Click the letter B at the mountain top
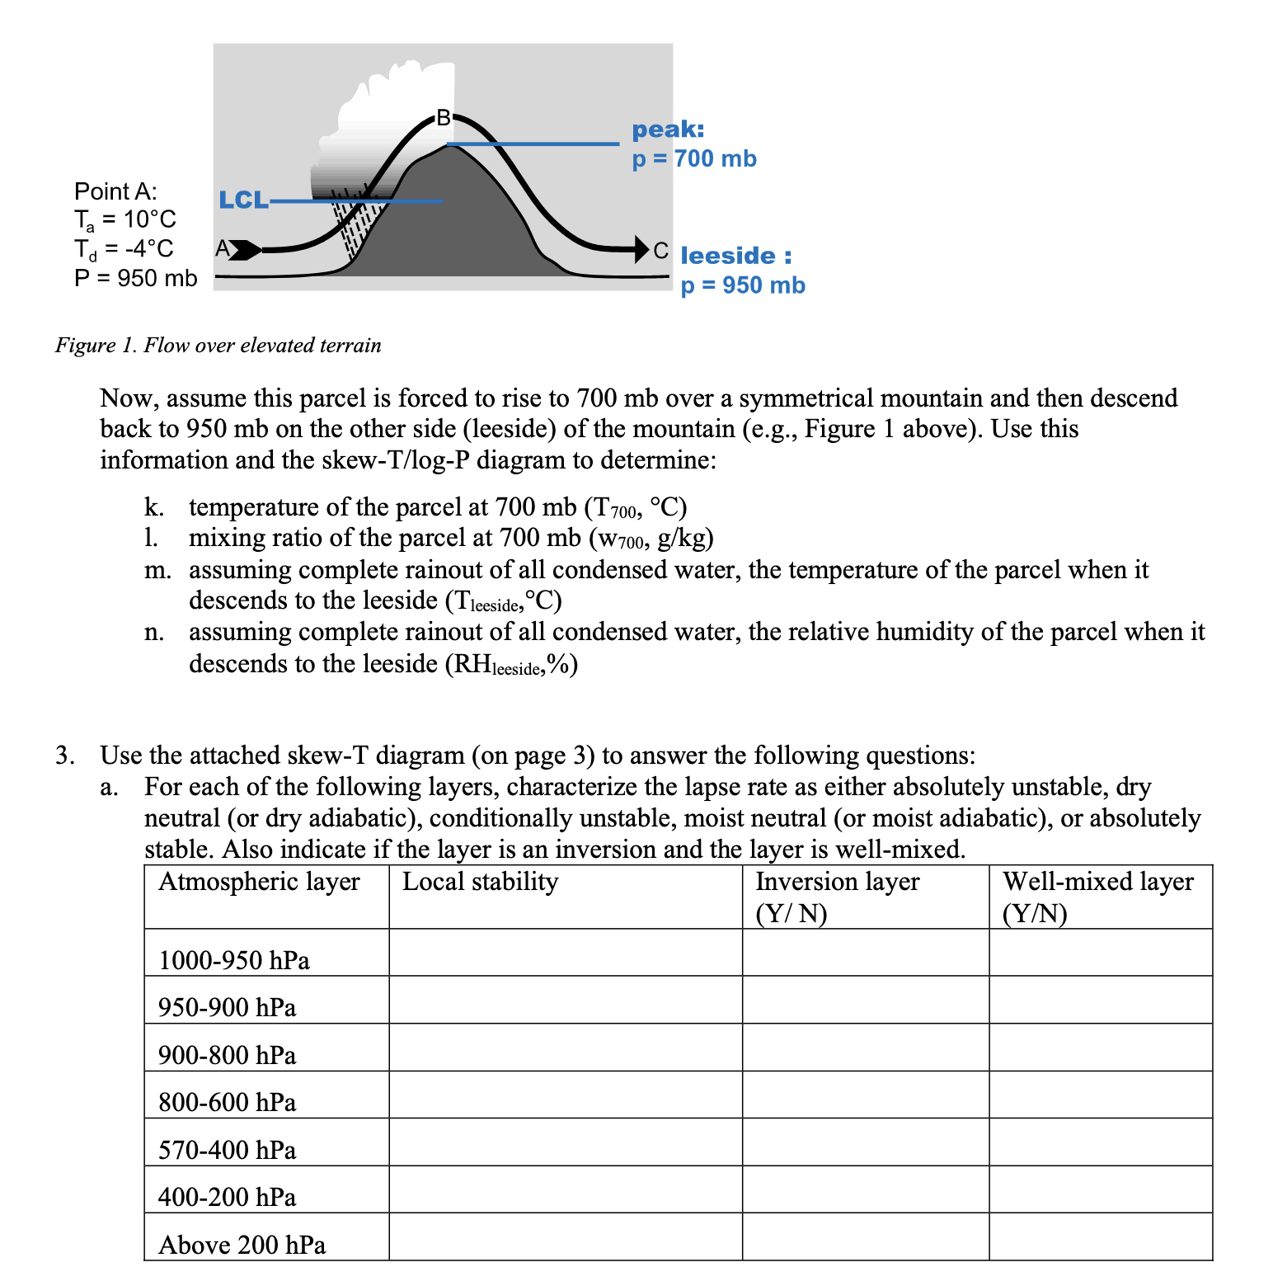click(444, 118)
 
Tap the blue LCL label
click(242, 200)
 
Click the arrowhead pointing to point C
click(640, 248)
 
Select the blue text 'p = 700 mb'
click(693, 158)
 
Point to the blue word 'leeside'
click(728, 256)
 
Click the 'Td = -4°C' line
click(124, 248)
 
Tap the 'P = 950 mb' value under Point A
click(135, 278)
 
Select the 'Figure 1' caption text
click(218, 345)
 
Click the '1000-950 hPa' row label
click(233, 960)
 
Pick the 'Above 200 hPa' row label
click(242, 1245)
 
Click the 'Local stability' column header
click(480, 882)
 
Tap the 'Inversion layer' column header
click(837, 882)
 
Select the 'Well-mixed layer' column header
click(1097, 882)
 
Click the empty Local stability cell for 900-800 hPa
click(565, 1048)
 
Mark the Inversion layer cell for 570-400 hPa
click(865, 1142)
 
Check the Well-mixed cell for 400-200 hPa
click(1100, 1189)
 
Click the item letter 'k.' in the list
click(153, 506)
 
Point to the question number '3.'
click(65, 756)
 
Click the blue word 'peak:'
click(668, 130)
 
